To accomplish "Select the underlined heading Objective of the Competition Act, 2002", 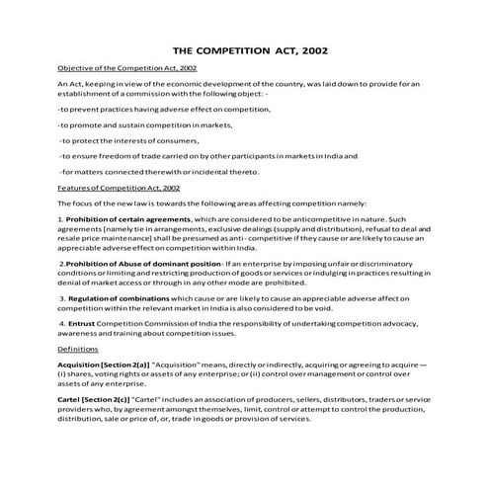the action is (x=126, y=67).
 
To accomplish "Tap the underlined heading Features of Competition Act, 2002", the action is (x=119, y=186).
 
